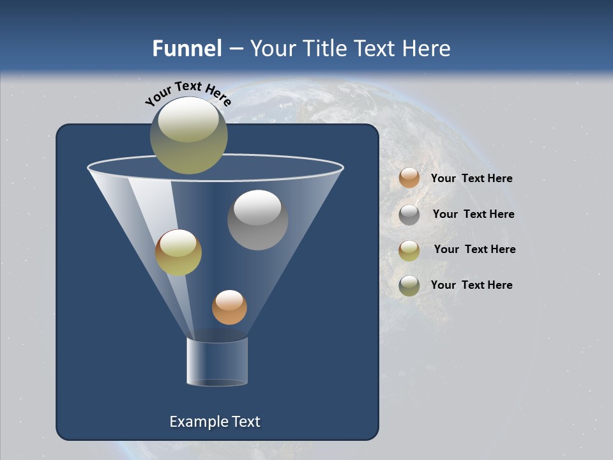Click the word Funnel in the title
tap(186, 49)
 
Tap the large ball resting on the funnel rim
tap(188, 135)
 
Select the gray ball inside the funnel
tap(257, 220)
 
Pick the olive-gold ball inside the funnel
tap(178, 252)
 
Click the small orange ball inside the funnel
tap(229, 307)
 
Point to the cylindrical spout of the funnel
tap(217, 362)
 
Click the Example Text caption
tap(215, 422)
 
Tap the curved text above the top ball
tap(188, 93)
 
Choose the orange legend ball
tap(409, 178)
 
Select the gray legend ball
tap(409, 215)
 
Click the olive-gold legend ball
tap(409, 250)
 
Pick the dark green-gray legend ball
tap(409, 286)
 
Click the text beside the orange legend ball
tap(471, 178)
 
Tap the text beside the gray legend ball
tap(473, 214)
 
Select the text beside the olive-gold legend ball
tap(474, 249)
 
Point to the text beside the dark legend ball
tap(471, 285)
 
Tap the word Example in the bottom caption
tap(198, 422)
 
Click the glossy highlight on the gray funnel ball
tap(257, 208)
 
